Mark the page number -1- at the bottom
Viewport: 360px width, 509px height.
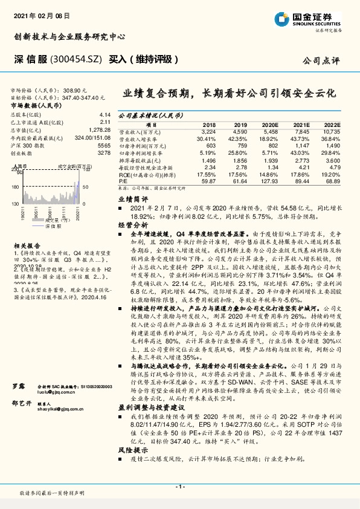[x=179, y=487]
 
